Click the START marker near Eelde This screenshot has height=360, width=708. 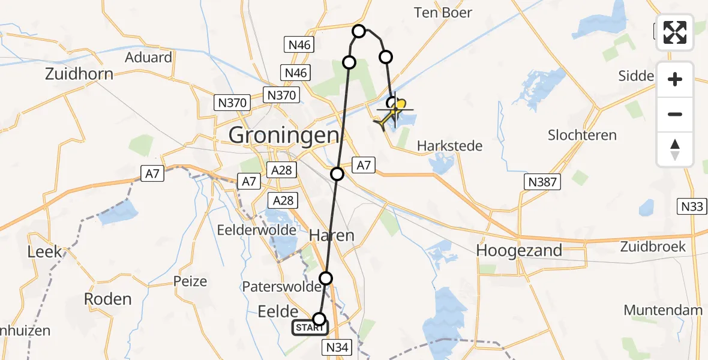coord(310,328)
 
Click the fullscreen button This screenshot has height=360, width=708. coord(675,32)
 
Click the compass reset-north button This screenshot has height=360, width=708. coord(675,150)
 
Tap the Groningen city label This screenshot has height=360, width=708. coord(284,135)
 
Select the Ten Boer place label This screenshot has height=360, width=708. coord(443,13)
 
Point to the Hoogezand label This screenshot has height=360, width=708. coord(519,250)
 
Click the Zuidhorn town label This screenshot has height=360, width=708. coord(79,75)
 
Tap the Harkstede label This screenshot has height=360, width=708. coord(449,146)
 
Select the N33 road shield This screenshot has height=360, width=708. coord(692,207)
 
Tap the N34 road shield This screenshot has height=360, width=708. coord(337,347)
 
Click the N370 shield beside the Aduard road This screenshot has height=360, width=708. coord(232,103)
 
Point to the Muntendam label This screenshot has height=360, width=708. coord(663,310)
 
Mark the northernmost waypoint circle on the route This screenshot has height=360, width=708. coord(359,31)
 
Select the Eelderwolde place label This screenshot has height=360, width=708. coord(266,230)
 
